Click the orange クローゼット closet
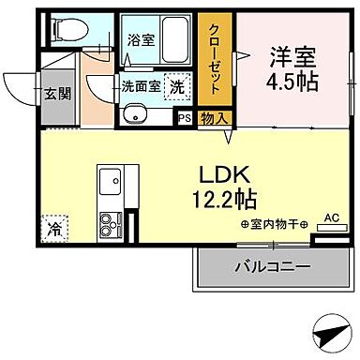(x=214, y=61)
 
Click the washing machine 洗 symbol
(x=176, y=86)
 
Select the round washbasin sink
(x=133, y=117)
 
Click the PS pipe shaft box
(x=185, y=118)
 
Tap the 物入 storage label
(x=213, y=118)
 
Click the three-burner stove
(x=110, y=223)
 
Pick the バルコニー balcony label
(x=273, y=267)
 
